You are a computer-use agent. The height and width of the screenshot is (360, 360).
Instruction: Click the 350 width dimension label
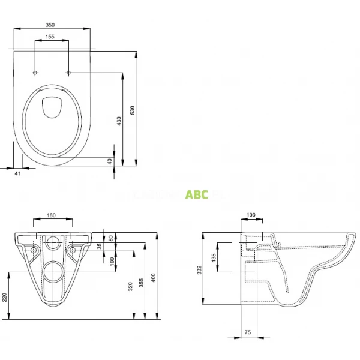(x=50, y=25)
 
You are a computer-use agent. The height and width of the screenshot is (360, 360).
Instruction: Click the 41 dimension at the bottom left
(x=17, y=173)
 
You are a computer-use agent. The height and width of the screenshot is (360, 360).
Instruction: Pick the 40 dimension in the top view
(x=110, y=161)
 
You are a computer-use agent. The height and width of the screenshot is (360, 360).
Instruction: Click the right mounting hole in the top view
(x=69, y=73)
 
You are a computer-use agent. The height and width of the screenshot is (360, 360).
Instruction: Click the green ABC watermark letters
(x=196, y=195)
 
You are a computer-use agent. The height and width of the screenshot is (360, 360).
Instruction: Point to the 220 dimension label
(x=5, y=296)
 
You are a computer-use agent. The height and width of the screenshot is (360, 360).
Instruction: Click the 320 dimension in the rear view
(x=130, y=286)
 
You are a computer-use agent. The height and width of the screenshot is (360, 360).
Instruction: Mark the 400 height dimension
(x=154, y=278)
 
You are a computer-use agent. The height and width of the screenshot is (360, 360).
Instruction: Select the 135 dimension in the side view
(x=213, y=257)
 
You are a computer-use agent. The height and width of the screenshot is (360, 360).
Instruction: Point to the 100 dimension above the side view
(x=250, y=215)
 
